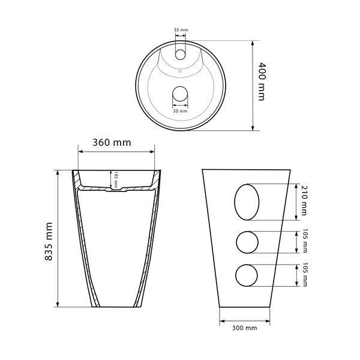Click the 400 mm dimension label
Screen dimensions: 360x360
pyautogui.click(x=262, y=82)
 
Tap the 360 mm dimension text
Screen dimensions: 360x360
pyautogui.click(x=112, y=143)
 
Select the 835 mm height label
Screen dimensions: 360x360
pyautogui.click(x=49, y=241)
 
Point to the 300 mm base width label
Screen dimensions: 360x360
pyautogui.click(x=245, y=328)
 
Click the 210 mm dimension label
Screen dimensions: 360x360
pyautogui.click(x=304, y=200)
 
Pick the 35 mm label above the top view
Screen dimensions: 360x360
pyautogui.click(x=181, y=30)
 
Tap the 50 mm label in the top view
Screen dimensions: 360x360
pyautogui.click(x=180, y=111)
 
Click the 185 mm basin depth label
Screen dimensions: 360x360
pyautogui.click(x=116, y=179)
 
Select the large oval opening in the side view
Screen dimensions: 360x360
pyautogui.click(x=247, y=202)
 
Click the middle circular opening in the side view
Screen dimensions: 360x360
pyautogui.click(x=247, y=242)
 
